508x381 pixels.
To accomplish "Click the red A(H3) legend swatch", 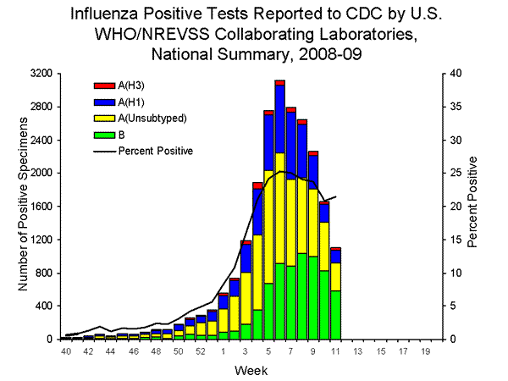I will tap(103, 86).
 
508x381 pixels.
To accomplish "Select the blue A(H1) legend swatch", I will tap(103, 101).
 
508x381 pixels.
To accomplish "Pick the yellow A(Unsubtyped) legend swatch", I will tap(103, 117).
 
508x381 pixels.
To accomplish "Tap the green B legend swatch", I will tap(103, 133).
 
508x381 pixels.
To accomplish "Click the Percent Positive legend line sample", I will tap(103, 150).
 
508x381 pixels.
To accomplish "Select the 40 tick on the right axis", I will tap(456, 74).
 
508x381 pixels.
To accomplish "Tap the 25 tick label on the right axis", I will tap(456, 174).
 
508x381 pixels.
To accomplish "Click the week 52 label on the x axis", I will tap(201, 351).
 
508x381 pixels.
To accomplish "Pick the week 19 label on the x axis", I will tap(425, 351).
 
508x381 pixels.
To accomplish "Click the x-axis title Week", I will tap(246, 370).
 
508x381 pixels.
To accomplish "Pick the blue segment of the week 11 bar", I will tap(335, 257).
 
